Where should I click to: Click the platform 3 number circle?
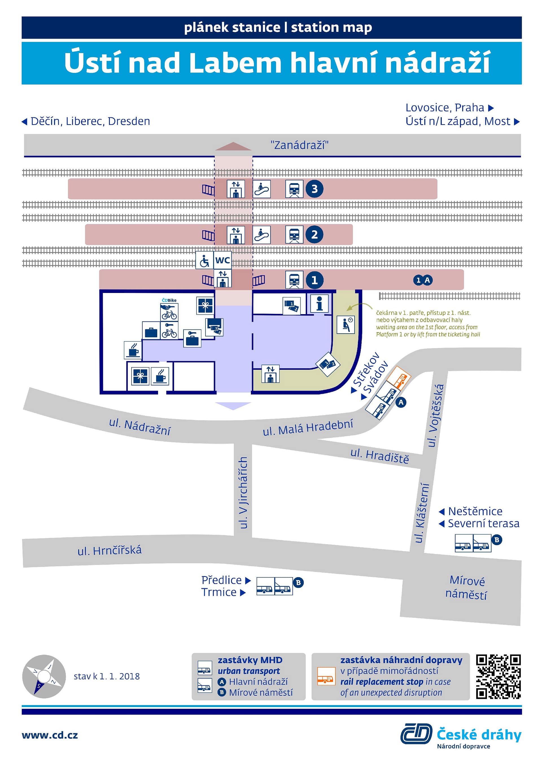click(x=314, y=189)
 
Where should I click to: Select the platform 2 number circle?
click(x=314, y=235)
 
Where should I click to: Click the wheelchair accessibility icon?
click(x=204, y=260)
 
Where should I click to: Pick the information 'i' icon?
click(x=319, y=303)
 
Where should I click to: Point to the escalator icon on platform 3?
click(x=262, y=189)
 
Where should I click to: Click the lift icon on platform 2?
click(x=236, y=235)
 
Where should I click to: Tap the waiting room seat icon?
click(x=346, y=324)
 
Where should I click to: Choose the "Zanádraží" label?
click(x=299, y=145)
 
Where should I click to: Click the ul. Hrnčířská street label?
click(x=110, y=550)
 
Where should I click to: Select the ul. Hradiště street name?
click(x=379, y=456)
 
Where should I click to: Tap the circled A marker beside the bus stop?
click(x=401, y=402)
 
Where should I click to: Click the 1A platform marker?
click(x=423, y=280)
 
